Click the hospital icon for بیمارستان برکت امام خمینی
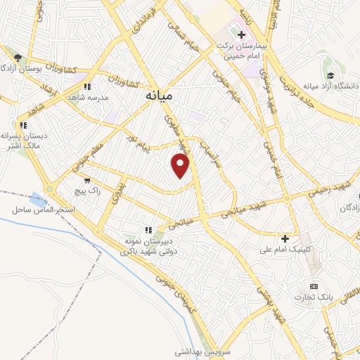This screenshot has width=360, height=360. (240, 33)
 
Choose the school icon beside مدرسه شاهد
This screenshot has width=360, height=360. (86, 86)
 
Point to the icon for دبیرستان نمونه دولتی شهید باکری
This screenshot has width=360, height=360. (148, 229)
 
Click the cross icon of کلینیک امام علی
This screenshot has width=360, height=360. (285, 238)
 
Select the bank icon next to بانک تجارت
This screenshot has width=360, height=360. (313, 287)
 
